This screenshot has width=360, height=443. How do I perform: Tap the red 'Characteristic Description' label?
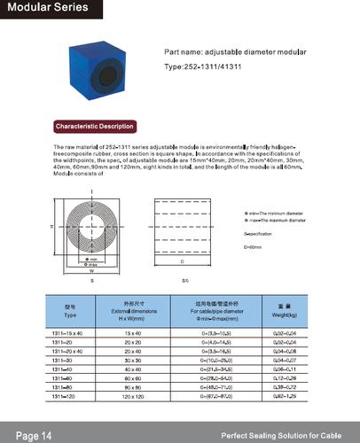click(94, 127)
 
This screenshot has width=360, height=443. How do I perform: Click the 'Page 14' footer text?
click(34, 436)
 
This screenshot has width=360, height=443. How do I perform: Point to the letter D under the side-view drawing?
click(181, 263)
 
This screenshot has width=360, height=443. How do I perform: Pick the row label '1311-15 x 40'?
click(70, 331)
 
